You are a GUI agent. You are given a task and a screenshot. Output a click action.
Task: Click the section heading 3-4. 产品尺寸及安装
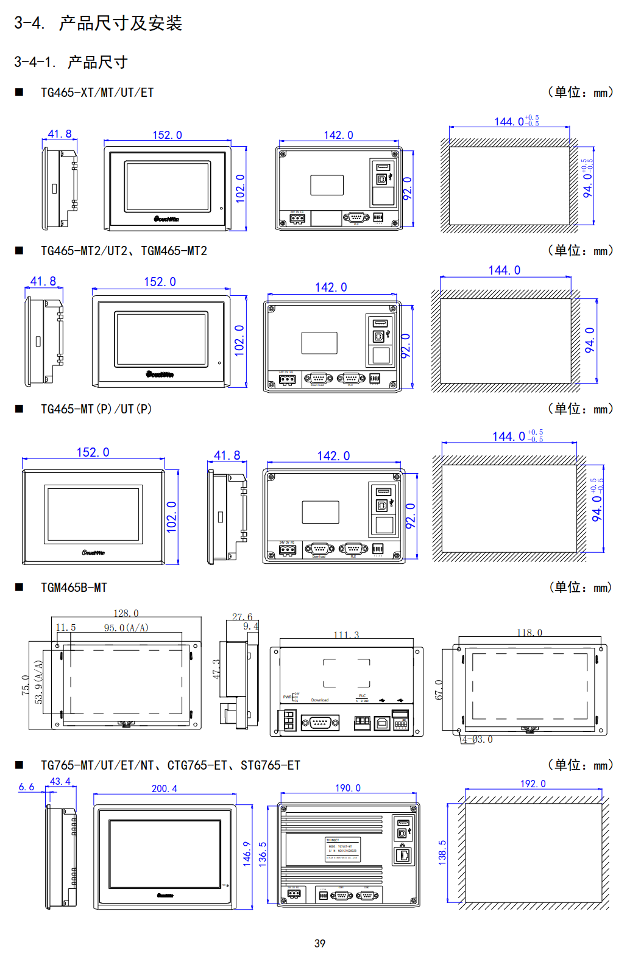pyautogui.click(x=98, y=23)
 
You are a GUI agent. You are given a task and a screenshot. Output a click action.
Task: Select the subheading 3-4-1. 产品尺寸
pyautogui.click(x=71, y=62)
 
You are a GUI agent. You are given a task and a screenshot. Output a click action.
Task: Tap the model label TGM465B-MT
pyautogui.click(x=74, y=588)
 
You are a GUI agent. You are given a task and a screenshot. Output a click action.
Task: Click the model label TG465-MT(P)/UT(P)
pyautogui.click(x=96, y=409)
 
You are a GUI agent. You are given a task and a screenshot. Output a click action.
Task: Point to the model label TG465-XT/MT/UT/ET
pyautogui.click(x=97, y=93)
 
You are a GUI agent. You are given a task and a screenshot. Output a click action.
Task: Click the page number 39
pyautogui.click(x=320, y=943)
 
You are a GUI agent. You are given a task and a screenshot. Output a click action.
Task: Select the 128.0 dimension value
pyautogui.click(x=126, y=613)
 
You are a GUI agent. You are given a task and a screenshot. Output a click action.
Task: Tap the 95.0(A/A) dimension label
pyautogui.click(x=126, y=628)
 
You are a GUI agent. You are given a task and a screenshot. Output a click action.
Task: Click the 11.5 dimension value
pyautogui.click(x=66, y=628)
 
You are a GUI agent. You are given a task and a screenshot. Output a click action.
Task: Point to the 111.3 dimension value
pyautogui.click(x=346, y=635)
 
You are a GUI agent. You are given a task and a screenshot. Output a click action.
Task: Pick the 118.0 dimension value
pyautogui.click(x=529, y=633)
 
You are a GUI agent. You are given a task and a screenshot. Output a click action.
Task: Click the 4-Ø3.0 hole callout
pyautogui.click(x=477, y=739)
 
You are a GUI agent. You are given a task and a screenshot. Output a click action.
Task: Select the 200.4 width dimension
pyautogui.click(x=165, y=788)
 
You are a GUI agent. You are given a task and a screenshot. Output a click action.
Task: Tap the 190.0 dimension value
pyautogui.click(x=348, y=788)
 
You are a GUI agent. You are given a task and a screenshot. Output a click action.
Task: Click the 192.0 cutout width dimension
pyautogui.click(x=533, y=784)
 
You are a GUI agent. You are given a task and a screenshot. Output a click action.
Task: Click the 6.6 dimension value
pyautogui.click(x=26, y=787)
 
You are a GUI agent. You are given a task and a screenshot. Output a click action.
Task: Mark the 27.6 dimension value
pyautogui.click(x=242, y=617)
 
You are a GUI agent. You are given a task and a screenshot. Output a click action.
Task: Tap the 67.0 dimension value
pyautogui.click(x=439, y=690)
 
